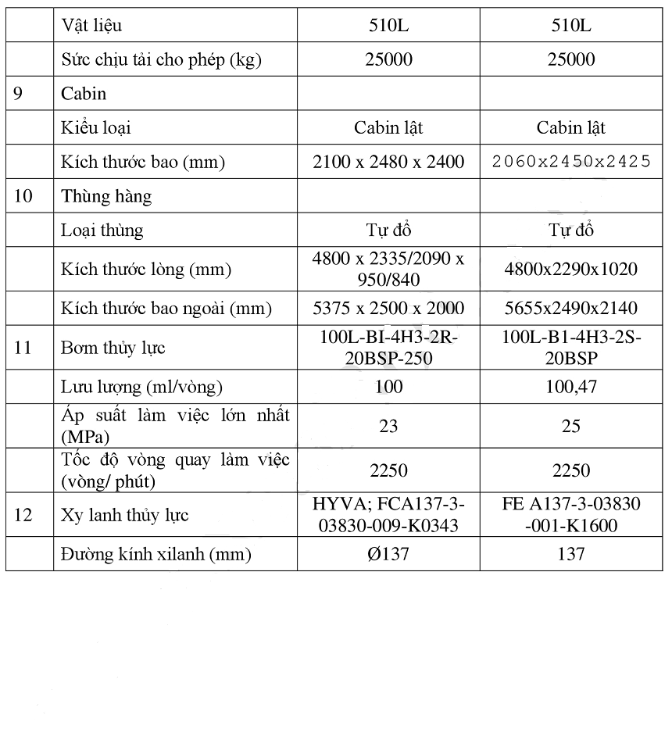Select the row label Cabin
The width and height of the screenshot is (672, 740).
pyautogui.click(x=84, y=94)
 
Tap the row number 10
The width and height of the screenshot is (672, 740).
pyautogui.click(x=23, y=196)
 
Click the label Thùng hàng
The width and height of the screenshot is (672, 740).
pyautogui.click(x=106, y=196)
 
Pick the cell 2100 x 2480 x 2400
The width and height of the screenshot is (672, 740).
pyautogui.click(x=388, y=162)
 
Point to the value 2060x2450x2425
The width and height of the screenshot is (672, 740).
pyautogui.click(x=572, y=162)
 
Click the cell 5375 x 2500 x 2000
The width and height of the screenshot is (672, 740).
pyautogui.click(x=388, y=308)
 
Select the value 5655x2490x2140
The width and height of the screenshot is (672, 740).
pyautogui.click(x=572, y=308)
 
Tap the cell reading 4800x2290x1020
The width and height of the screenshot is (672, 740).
pyautogui.click(x=572, y=270)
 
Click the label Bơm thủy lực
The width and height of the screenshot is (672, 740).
pyautogui.click(x=113, y=347)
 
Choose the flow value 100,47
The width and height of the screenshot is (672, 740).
pyautogui.click(x=572, y=387)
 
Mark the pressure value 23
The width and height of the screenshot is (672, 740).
pyautogui.click(x=388, y=426)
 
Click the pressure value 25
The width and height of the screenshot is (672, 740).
pyautogui.click(x=572, y=426)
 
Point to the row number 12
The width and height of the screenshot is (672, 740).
pyautogui.click(x=23, y=515)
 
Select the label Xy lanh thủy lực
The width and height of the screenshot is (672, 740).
pyautogui.click(x=124, y=515)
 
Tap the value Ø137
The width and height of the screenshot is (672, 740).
pyautogui.click(x=388, y=555)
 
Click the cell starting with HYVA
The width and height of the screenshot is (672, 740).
pyautogui.click(x=388, y=515)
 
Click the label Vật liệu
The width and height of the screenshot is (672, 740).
pyautogui.click(x=91, y=26)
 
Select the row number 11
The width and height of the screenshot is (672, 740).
pyautogui.click(x=23, y=347)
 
